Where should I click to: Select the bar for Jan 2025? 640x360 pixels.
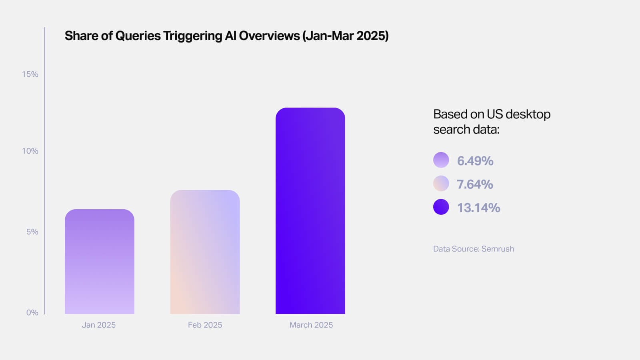[99, 262]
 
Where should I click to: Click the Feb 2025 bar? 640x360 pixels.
[205, 252]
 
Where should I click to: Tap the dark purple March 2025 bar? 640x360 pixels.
[310, 211]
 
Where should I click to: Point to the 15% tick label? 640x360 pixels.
[30, 74]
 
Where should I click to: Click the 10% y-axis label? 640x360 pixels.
[30, 151]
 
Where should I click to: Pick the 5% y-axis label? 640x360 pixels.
[32, 232]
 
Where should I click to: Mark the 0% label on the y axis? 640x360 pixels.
[32, 312]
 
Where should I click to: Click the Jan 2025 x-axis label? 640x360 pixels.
[98, 325]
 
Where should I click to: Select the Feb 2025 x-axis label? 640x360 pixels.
[205, 325]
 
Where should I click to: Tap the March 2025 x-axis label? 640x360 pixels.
[311, 325]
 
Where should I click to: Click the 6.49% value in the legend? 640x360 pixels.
[475, 161]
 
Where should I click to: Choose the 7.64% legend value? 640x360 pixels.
[475, 184]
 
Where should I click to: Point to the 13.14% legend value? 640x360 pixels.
[478, 208]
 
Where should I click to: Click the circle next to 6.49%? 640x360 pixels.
[441, 160]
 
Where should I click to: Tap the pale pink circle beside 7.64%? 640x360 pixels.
[441, 183]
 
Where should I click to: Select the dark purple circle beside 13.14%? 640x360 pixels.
[441, 207]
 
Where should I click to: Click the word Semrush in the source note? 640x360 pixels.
[498, 249]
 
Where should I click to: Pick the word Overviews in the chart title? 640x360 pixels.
[269, 36]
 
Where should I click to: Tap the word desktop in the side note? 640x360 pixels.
[528, 114]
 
